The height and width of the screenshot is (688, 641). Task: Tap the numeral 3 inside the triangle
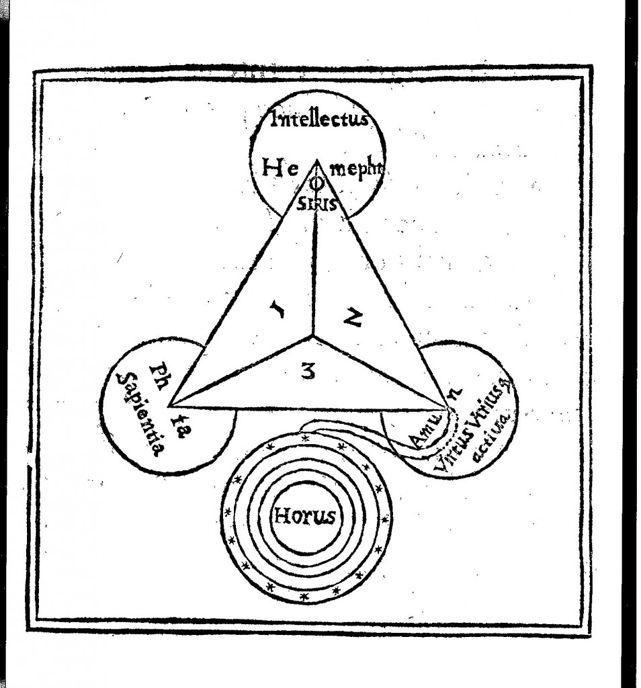tap(308, 369)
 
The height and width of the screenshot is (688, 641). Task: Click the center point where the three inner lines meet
tap(313, 335)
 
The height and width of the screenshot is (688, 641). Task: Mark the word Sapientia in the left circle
tap(138, 416)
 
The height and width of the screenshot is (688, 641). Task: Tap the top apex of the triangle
tap(316, 160)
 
